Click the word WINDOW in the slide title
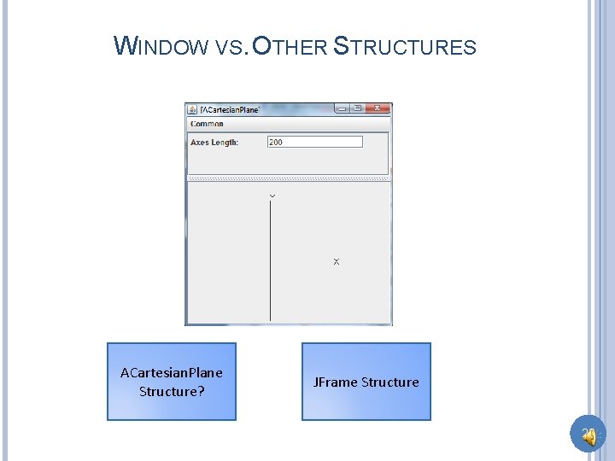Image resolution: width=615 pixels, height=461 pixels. coord(161,46)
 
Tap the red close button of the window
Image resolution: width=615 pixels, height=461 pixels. coord(380,109)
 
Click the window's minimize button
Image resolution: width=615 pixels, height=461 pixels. coord(342,109)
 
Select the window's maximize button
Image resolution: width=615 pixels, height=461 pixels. coord(357,109)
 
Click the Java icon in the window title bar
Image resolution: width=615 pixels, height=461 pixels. coord(192,109)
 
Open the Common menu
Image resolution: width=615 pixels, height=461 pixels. coord(207,124)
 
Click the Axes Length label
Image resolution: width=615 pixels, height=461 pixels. coord(214,143)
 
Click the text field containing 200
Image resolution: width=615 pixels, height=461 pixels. coord(314,142)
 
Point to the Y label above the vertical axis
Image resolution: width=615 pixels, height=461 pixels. coord(272,196)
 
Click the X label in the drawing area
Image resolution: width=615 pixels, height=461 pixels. coord(336,261)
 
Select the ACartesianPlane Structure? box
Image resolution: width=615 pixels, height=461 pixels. coord(171,382)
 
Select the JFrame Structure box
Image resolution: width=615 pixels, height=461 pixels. coord(366,382)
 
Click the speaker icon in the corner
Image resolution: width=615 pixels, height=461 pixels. coord(588,435)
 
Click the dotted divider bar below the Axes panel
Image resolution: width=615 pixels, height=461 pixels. coord(289,178)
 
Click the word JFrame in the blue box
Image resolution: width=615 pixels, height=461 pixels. coord(335,382)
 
